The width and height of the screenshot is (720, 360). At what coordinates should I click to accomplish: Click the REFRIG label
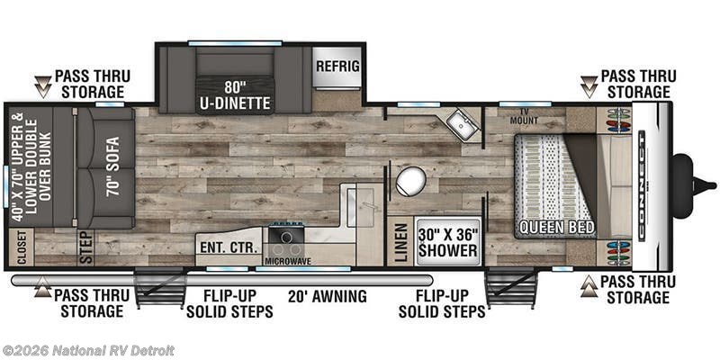click(337, 66)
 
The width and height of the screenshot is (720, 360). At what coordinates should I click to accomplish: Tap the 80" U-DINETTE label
click(235, 95)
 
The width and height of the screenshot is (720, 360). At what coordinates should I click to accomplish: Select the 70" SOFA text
click(112, 166)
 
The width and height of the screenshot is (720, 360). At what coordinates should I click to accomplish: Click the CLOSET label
click(22, 247)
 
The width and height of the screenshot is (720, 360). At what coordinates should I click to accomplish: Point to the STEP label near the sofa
click(86, 247)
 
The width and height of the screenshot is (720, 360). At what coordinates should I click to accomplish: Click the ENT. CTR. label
click(229, 247)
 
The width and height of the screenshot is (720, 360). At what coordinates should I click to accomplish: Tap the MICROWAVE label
click(288, 261)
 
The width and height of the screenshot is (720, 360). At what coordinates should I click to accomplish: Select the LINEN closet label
click(400, 242)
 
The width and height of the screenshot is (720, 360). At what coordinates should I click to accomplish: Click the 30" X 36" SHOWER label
click(447, 242)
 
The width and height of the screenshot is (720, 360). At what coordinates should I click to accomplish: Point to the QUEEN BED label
click(556, 227)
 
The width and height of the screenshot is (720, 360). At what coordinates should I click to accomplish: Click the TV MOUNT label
click(525, 117)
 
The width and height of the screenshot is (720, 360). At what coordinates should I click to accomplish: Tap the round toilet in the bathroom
click(411, 181)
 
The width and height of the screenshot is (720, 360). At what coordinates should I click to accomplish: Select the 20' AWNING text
click(328, 296)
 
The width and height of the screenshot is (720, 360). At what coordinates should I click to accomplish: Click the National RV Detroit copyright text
click(88, 351)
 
